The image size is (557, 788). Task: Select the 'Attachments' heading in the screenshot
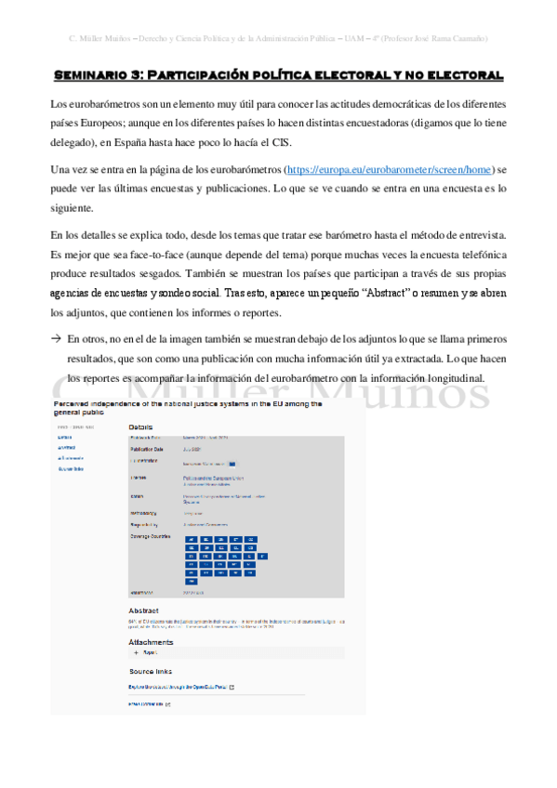coord(151,641)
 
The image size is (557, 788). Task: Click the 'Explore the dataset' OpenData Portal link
coord(177,687)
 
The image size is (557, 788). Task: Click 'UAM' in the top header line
coord(349,38)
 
